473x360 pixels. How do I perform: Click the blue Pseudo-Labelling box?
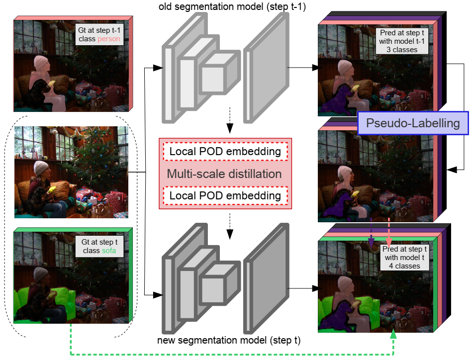click(413, 123)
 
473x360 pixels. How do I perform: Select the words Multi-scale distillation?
click(224, 174)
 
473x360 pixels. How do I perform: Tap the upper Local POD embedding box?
click(225, 152)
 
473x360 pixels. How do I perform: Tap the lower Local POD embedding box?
click(225, 196)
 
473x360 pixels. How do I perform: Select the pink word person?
click(109, 39)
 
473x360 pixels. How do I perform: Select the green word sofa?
click(109, 251)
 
